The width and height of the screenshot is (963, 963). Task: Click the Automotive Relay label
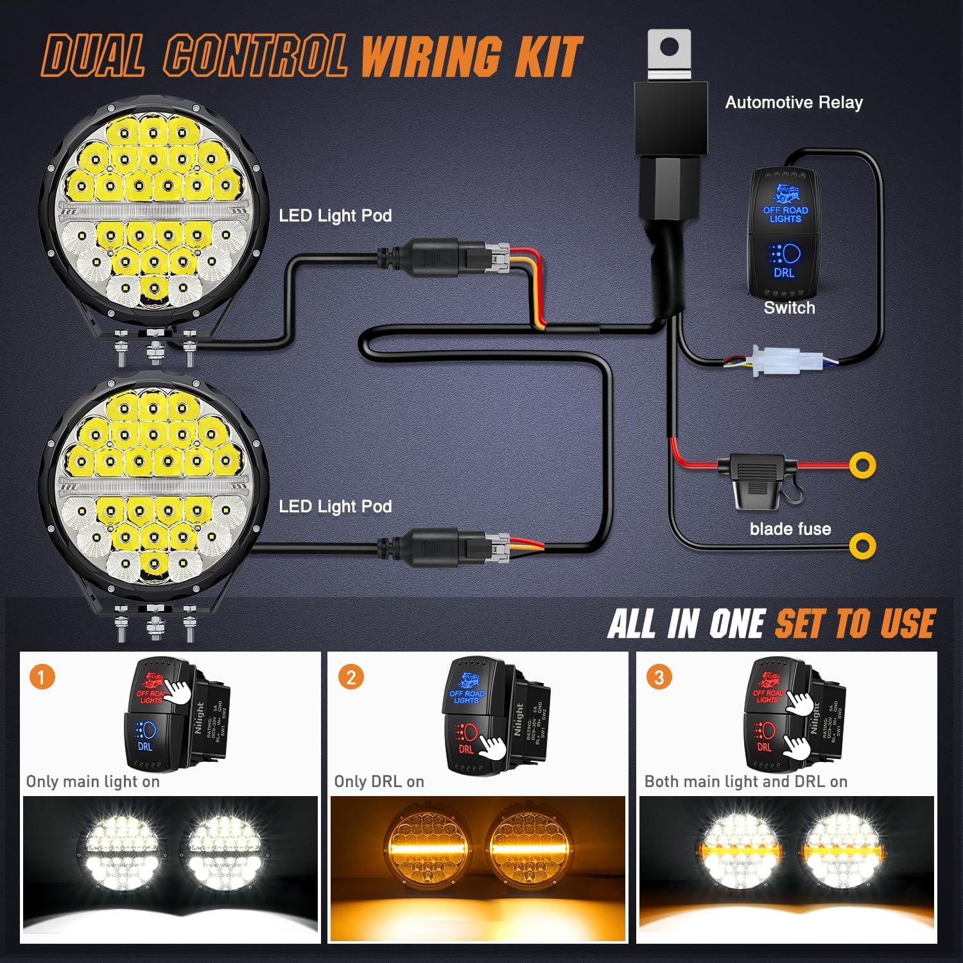pyautogui.click(x=794, y=103)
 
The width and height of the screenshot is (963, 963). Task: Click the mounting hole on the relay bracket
pyautogui.click(x=670, y=47)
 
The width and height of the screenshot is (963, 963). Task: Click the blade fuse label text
pyautogui.click(x=790, y=529)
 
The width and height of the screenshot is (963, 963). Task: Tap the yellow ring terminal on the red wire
pyautogui.click(x=862, y=465)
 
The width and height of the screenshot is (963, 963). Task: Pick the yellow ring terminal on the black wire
pyautogui.click(x=862, y=546)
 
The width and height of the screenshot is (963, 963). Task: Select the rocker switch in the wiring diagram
pyautogui.click(x=785, y=232)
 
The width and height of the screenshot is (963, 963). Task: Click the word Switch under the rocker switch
pyautogui.click(x=789, y=308)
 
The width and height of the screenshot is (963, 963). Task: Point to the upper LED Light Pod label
pyautogui.click(x=335, y=216)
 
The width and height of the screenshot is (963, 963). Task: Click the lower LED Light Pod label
pyautogui.click(x=335, y=507)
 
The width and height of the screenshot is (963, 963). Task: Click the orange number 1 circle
pyautogui.click(x=42, y=677)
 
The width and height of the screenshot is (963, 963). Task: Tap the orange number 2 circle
pyautogui.click(x=351, y=677)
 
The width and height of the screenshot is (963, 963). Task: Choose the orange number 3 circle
pyautogui.click(x=659, y=677)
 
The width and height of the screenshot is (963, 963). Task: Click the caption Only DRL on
pyautogui.click(x=379, y=781)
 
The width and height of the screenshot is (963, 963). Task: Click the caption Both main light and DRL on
pyautogui.click(x=745, y=781)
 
